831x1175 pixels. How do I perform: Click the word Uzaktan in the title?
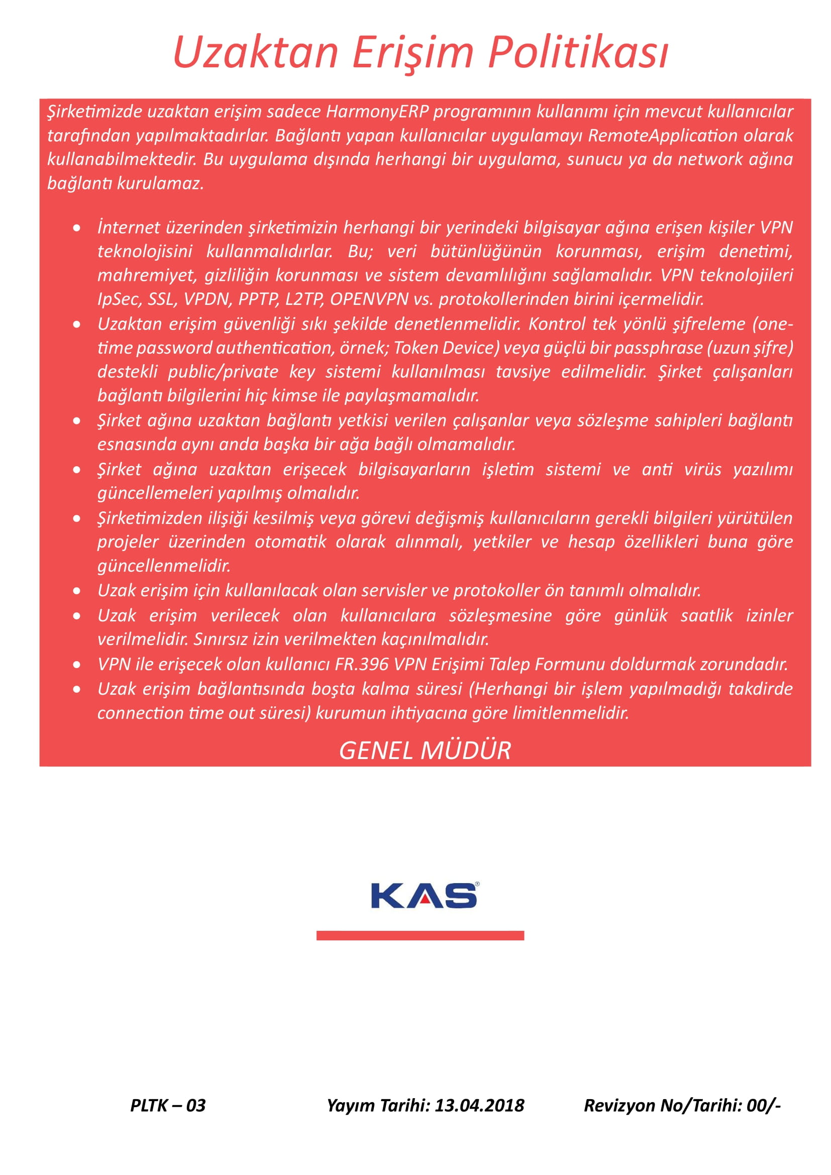pyautogui.click(x=256, y=52)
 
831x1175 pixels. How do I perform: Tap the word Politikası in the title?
pyautogui.click(x=578, y=52)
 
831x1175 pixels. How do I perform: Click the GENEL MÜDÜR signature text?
pyautogui.click(x=425, y=751)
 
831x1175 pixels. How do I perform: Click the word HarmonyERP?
pyautogui.click(x=377, y=112)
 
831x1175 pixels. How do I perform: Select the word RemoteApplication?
pyautogui.click(x=663, y=135)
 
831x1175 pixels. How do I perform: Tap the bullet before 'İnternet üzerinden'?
pyautogui.click(x=77, y=228)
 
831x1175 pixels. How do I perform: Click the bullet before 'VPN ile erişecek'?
pyautogui.click(x=77, y=665)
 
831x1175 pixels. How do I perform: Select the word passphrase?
pyautogui.click(x=658, y=348)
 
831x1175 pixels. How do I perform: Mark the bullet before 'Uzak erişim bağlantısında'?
pyautogui.click(x=77, y=689)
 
